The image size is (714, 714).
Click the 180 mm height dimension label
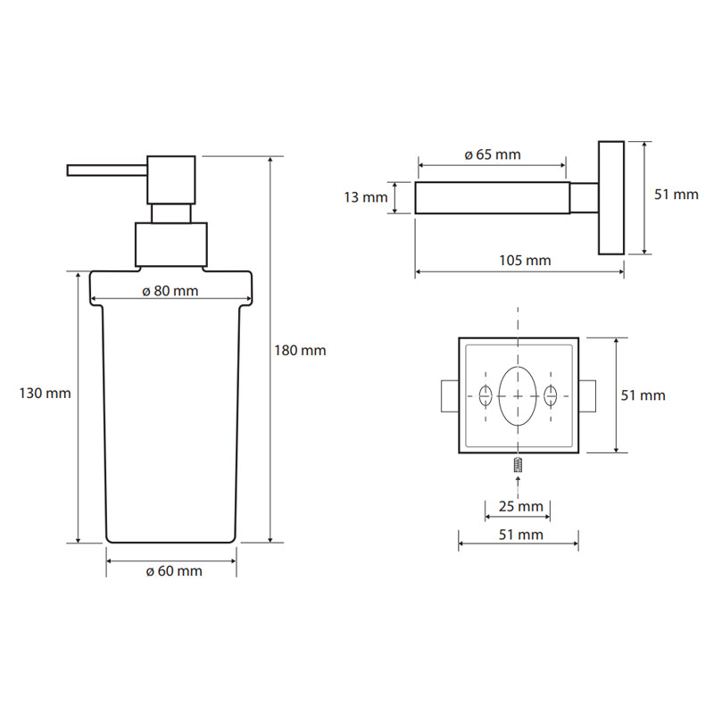pyautogui.click(x=300, y=351)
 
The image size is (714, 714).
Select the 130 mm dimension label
pyautogui.click(x=46, y=394)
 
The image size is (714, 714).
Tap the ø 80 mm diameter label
pyautogui.click(x=170, y=291)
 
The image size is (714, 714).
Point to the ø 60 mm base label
pyautogui.click(x=174, y=571)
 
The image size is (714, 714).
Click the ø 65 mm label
pyautogui.click(x=493, y=154)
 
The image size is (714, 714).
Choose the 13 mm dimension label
pyautogui.click(x=366, y=197)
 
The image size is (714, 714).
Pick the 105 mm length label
pyautogui.click(x=525, y=261)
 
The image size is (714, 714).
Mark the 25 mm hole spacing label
pyautogui.click(x=521, y=506)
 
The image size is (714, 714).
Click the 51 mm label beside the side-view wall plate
pyautogui.click(x=677, y=195)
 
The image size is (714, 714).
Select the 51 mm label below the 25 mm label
pyautogui.click(x=521, y=535)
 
